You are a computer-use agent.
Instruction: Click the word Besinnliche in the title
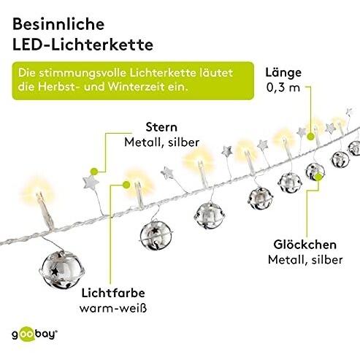58,24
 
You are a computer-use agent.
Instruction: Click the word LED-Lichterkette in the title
83,45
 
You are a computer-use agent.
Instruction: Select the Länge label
283,73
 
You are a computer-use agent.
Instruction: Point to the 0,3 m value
283,88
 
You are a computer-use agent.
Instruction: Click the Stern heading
161,127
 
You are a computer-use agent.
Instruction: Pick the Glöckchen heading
305,245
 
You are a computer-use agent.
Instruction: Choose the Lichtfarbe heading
113,293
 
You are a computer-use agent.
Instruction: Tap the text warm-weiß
113,308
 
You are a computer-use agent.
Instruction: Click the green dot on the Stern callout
94,172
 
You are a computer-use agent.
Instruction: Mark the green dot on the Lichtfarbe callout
126,185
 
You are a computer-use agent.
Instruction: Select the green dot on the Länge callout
310,137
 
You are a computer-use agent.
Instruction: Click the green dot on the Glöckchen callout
318,177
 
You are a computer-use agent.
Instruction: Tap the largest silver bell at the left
61,269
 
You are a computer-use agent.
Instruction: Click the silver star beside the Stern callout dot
91,183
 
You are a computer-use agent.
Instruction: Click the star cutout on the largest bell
55,272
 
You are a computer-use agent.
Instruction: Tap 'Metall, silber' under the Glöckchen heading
305,260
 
